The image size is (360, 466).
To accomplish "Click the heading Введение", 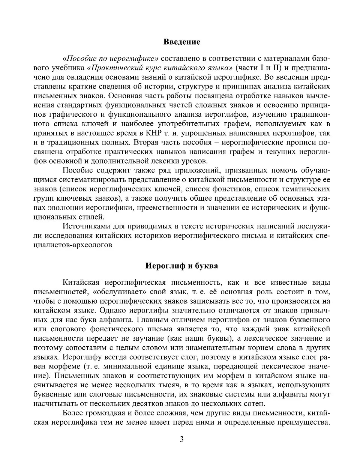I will (182, 42).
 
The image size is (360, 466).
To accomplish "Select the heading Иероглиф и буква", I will (182, 266).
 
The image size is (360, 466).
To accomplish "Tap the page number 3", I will (181, 439).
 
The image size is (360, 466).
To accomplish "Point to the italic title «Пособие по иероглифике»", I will (111, 59).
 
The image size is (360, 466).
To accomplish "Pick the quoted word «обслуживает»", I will (120, 292).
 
